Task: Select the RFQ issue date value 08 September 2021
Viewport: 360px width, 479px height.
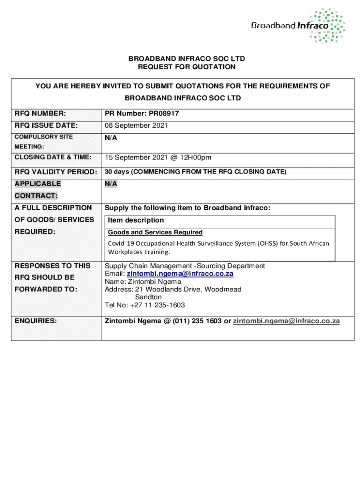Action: (136, 126)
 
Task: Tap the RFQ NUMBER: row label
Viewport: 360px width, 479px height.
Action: (40, 114)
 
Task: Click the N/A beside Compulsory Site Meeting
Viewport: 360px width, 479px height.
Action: (111, 138)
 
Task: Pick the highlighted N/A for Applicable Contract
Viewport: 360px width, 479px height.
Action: (111, 184)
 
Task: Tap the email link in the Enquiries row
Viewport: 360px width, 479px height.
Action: (286, 321)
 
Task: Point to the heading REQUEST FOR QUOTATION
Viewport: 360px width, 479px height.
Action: (187, 67)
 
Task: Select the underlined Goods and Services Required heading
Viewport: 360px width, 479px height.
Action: (155, 232)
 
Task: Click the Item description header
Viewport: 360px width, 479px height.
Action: (136, 220)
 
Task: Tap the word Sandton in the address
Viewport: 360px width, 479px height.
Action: (148, 297)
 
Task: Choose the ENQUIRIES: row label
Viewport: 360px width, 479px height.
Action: (36, 321)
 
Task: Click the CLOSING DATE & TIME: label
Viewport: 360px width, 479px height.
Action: (53, 157)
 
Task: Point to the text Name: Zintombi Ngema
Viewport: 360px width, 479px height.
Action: (143, 282)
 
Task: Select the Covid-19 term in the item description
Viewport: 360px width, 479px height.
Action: (121, 243)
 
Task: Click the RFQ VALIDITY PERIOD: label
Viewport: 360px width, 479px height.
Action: (56, 172)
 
